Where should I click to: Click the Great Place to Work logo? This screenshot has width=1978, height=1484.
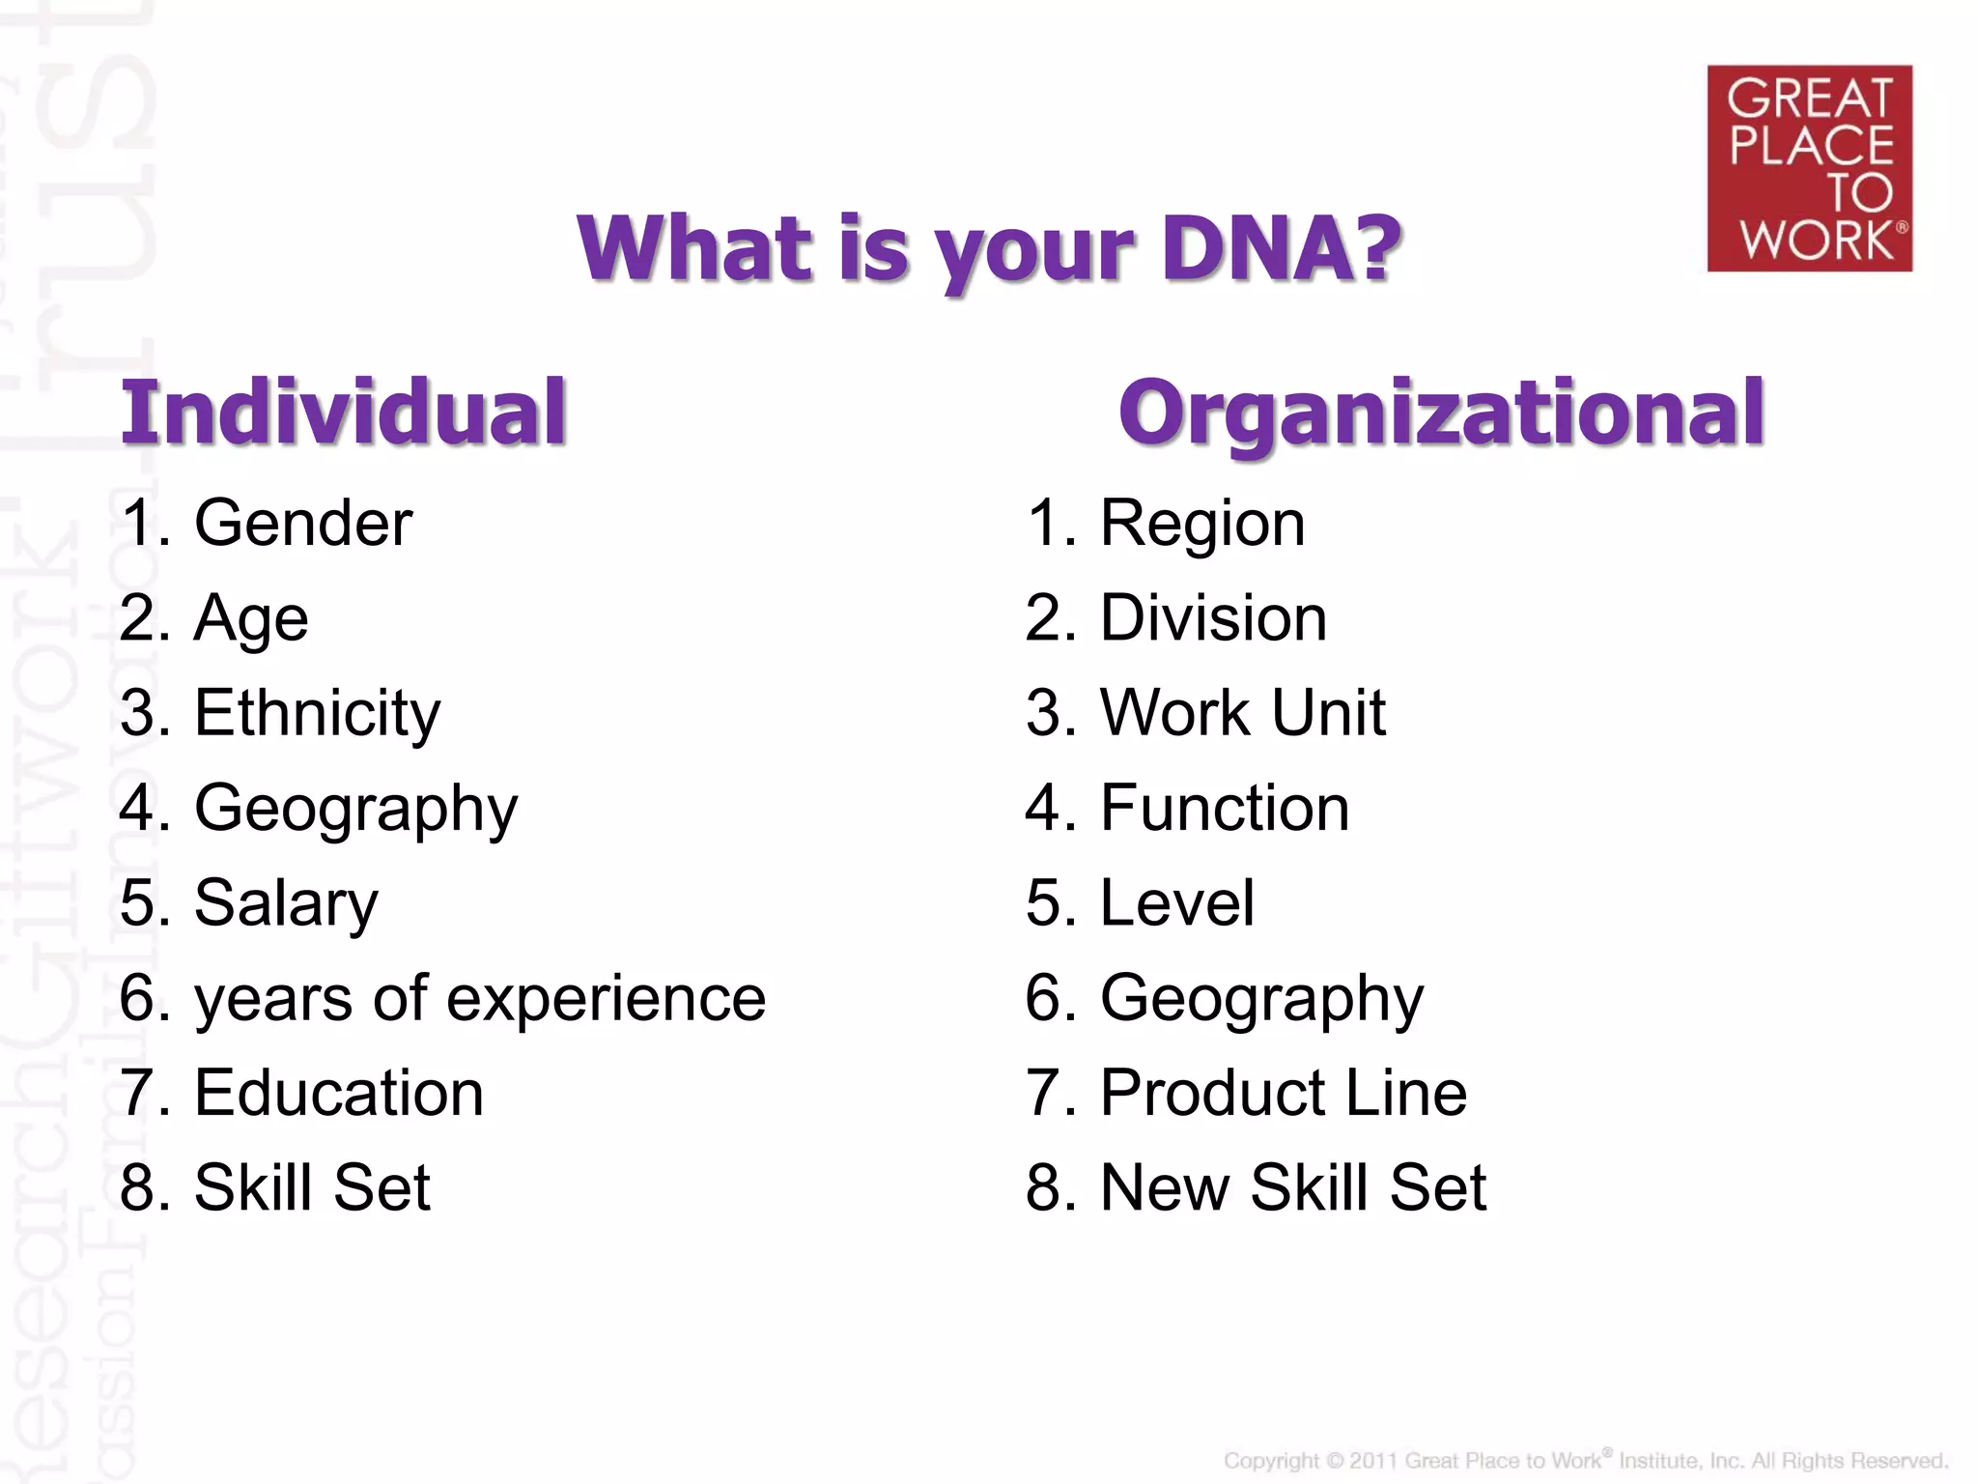[x=1809, y=168]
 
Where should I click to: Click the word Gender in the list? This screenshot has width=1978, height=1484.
[x=303, y=524]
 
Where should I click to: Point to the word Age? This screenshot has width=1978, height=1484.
[x=251, y=618]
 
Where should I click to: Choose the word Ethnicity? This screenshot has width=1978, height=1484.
[x=317, y=713]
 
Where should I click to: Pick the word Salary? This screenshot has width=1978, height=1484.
[x=286, y=903]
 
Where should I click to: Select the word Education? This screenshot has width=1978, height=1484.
[x=339, y=1093]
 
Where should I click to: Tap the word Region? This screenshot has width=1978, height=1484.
[x=1202, y=524]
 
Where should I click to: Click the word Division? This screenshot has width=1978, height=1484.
[x=1213, y=618]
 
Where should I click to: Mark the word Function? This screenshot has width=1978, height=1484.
[x=1225, y=808]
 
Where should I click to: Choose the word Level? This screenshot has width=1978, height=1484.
[x=1177, y=903]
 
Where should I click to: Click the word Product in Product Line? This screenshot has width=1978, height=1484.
[x=1213, y=1093]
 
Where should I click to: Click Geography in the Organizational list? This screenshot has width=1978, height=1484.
[x=1261, y=999]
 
